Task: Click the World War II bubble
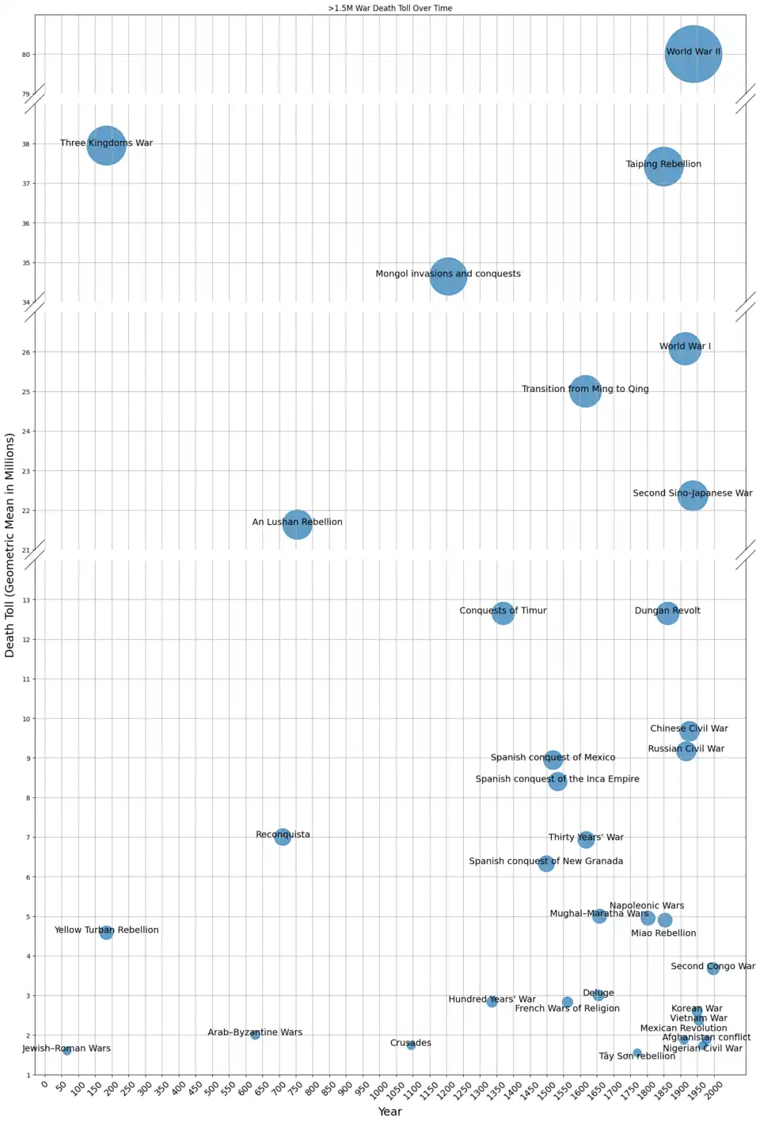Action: coord(693,54)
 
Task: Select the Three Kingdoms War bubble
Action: coord(106,146)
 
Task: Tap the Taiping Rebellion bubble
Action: coord(663,166)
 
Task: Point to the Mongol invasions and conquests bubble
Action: coord(448,276)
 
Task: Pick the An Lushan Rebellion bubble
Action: coord(297,523)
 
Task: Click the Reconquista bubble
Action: coord(283,836)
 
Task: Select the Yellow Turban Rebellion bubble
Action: coord(106,933)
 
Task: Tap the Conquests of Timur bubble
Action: coord(503,613)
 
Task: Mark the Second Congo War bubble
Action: coord(712,968)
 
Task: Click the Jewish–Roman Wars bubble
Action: coord(66,1051)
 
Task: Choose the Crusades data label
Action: coord(410,1043)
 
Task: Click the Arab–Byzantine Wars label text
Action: coord(255,1033)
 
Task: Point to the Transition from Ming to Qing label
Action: coord(585,389)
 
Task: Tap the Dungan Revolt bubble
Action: coord(667,613)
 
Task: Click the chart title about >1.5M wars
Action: coord(390,8)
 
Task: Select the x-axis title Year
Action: coord(389,1112)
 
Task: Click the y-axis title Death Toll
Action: coord(10,545)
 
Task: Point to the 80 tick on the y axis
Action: coord(26,55)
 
